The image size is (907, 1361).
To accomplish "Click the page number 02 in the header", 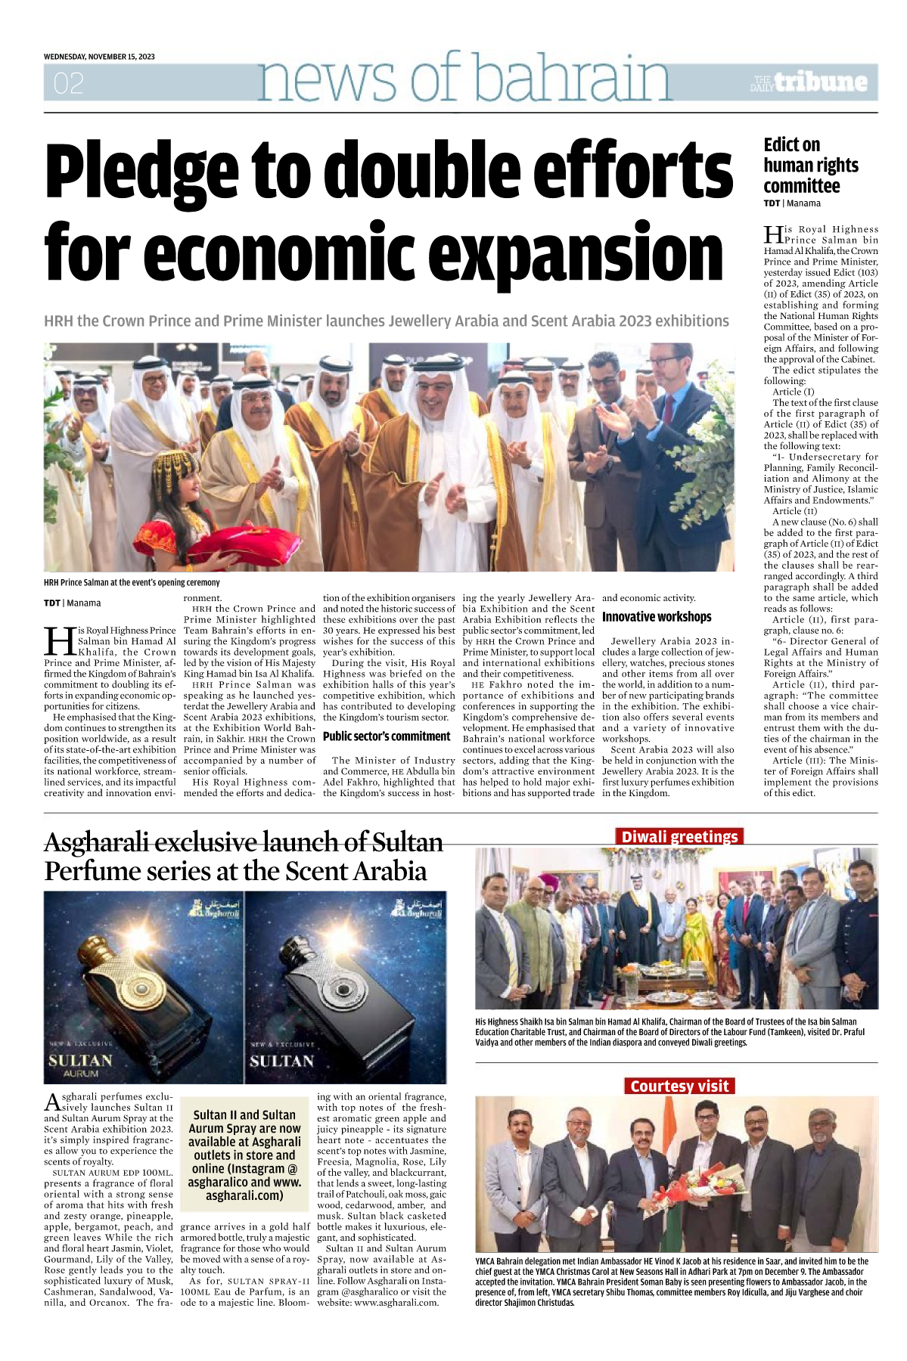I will pos(68,83).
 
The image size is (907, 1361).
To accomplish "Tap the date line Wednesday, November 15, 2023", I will pos(99,57).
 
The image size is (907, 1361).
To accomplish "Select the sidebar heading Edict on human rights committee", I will pos(810,166).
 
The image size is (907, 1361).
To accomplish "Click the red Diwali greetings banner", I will pos(679,836).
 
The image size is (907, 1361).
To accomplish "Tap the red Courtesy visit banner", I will pos(679,1086).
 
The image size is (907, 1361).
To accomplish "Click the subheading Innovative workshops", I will pos(657,617).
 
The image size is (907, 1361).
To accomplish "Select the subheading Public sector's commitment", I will pos(387,736).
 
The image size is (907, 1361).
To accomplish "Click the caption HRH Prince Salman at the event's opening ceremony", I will pos(132,583).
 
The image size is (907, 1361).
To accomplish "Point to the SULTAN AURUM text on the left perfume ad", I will pos(80,1065).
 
